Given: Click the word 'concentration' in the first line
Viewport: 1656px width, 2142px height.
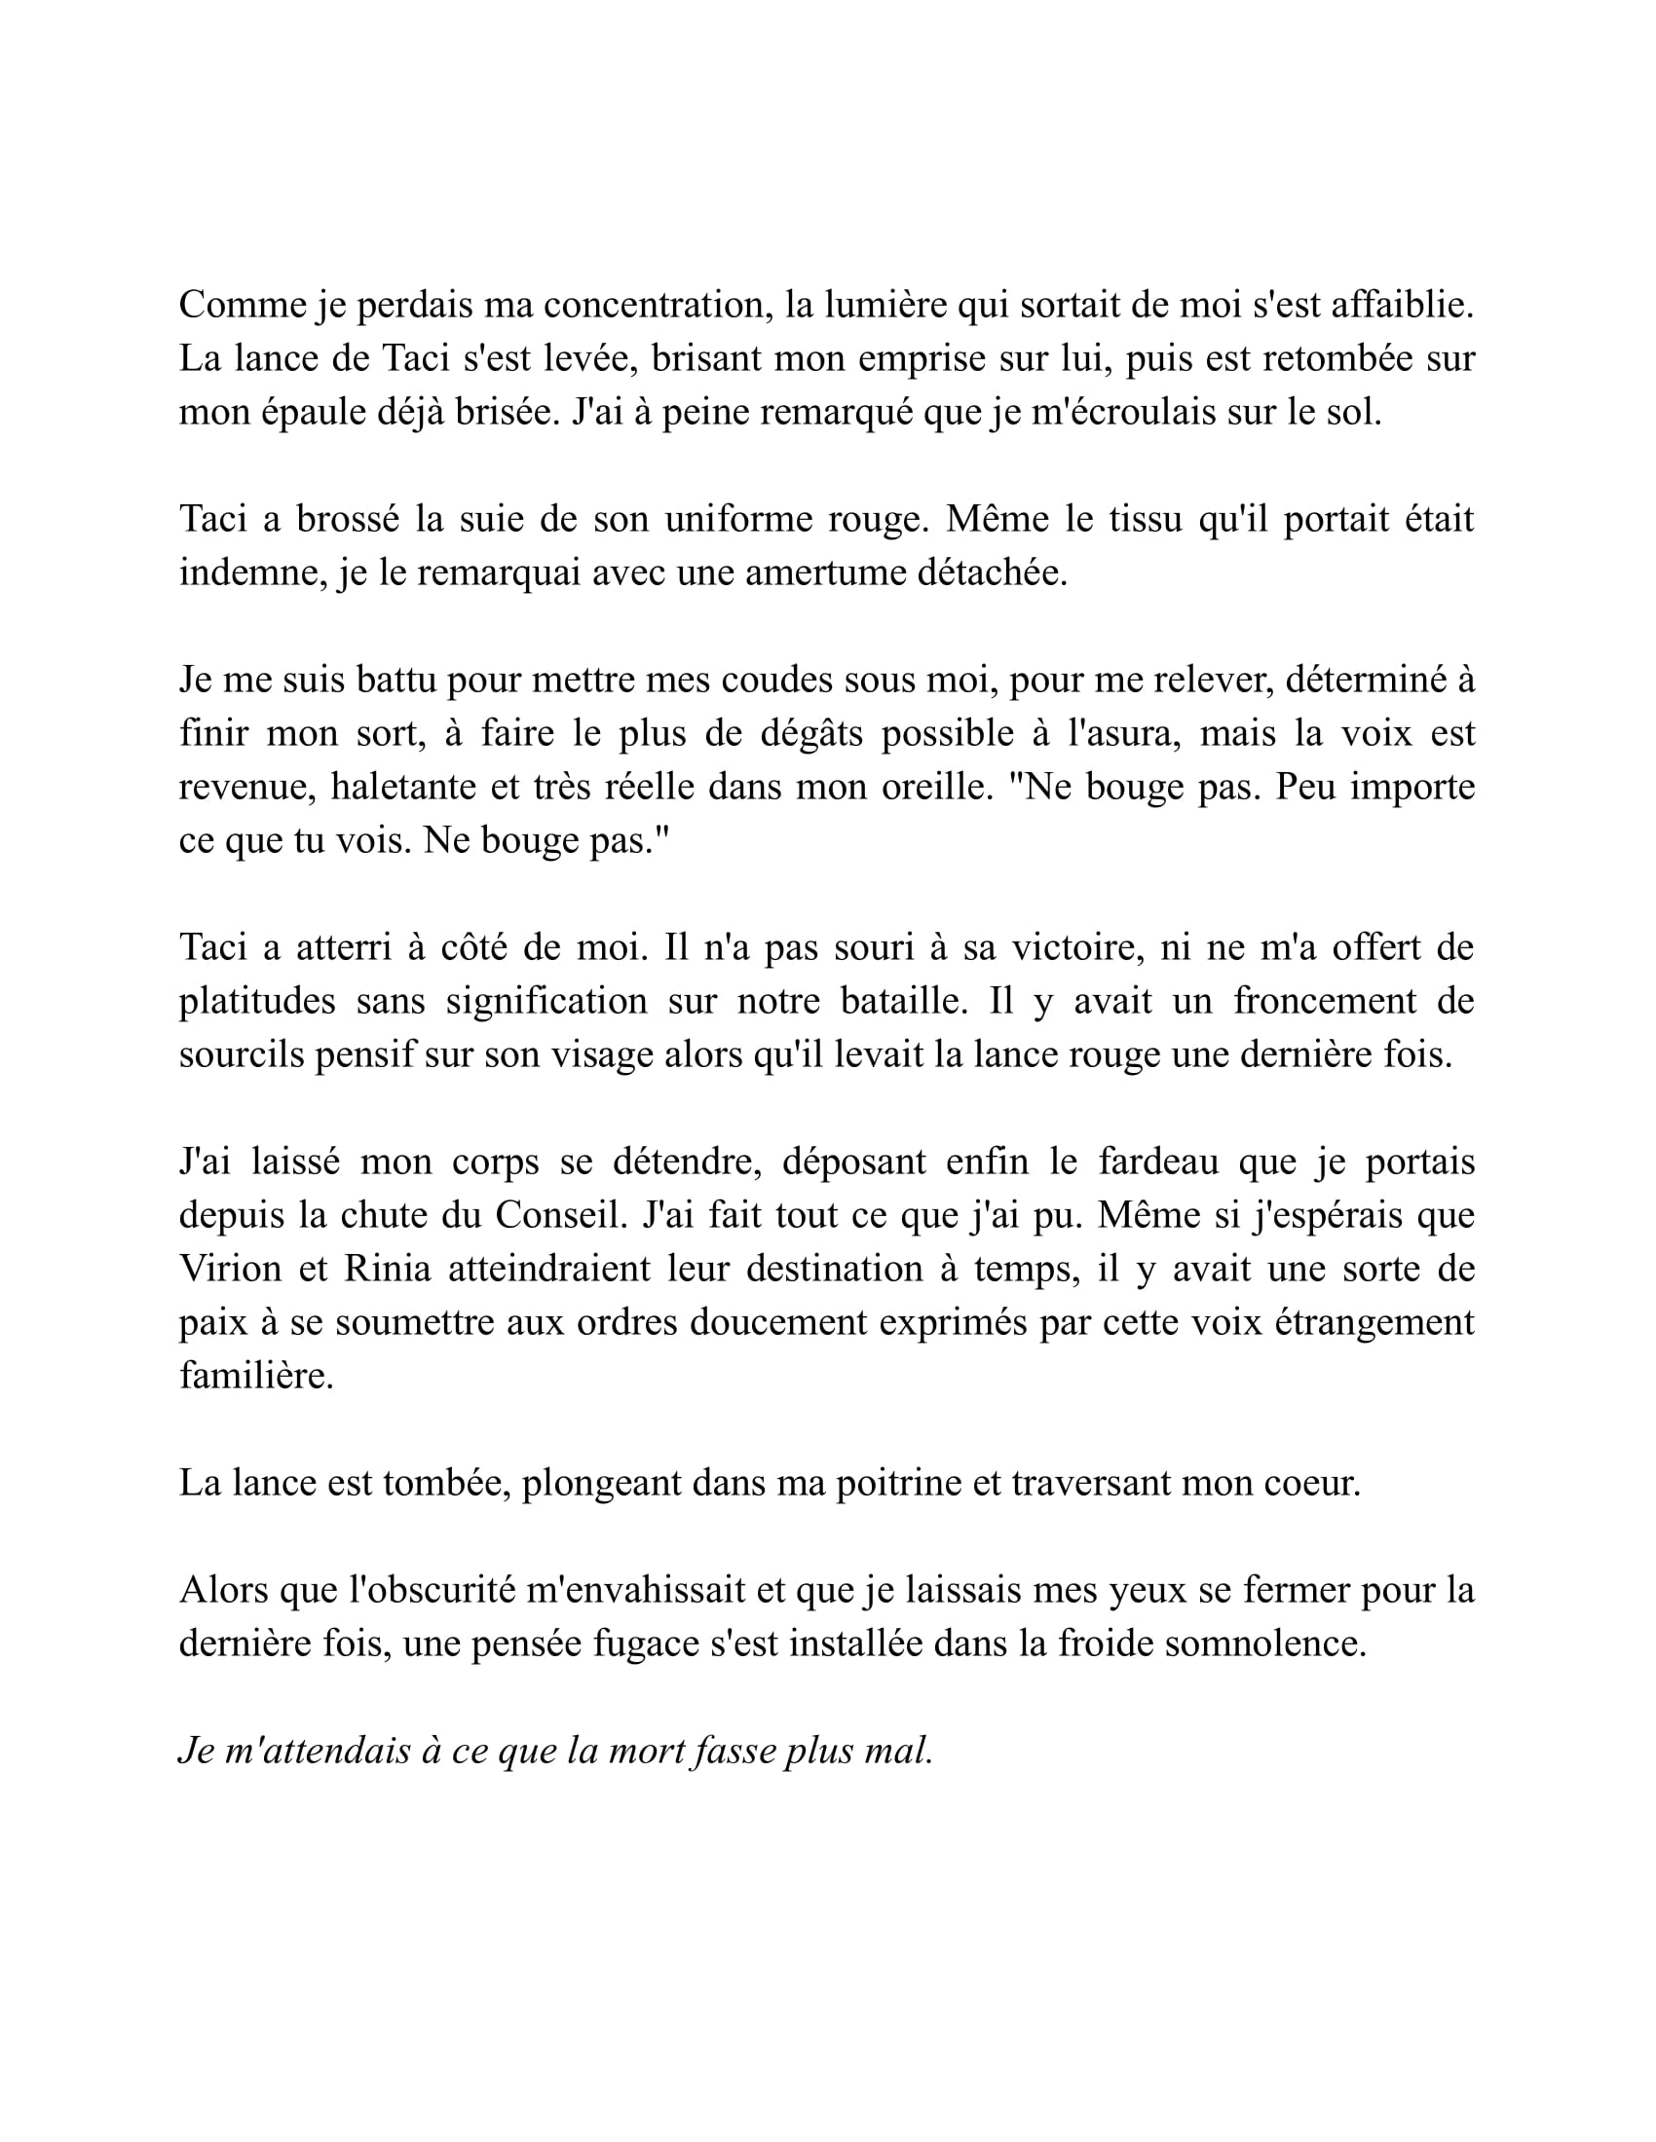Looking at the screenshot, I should tap(653, 306).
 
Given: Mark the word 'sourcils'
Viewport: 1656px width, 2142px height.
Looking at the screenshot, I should tap(241, 1055).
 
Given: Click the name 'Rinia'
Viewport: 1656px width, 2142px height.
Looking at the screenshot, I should tap(387, 1269).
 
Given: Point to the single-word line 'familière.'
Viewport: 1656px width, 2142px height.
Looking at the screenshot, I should tap(256, 1376).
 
